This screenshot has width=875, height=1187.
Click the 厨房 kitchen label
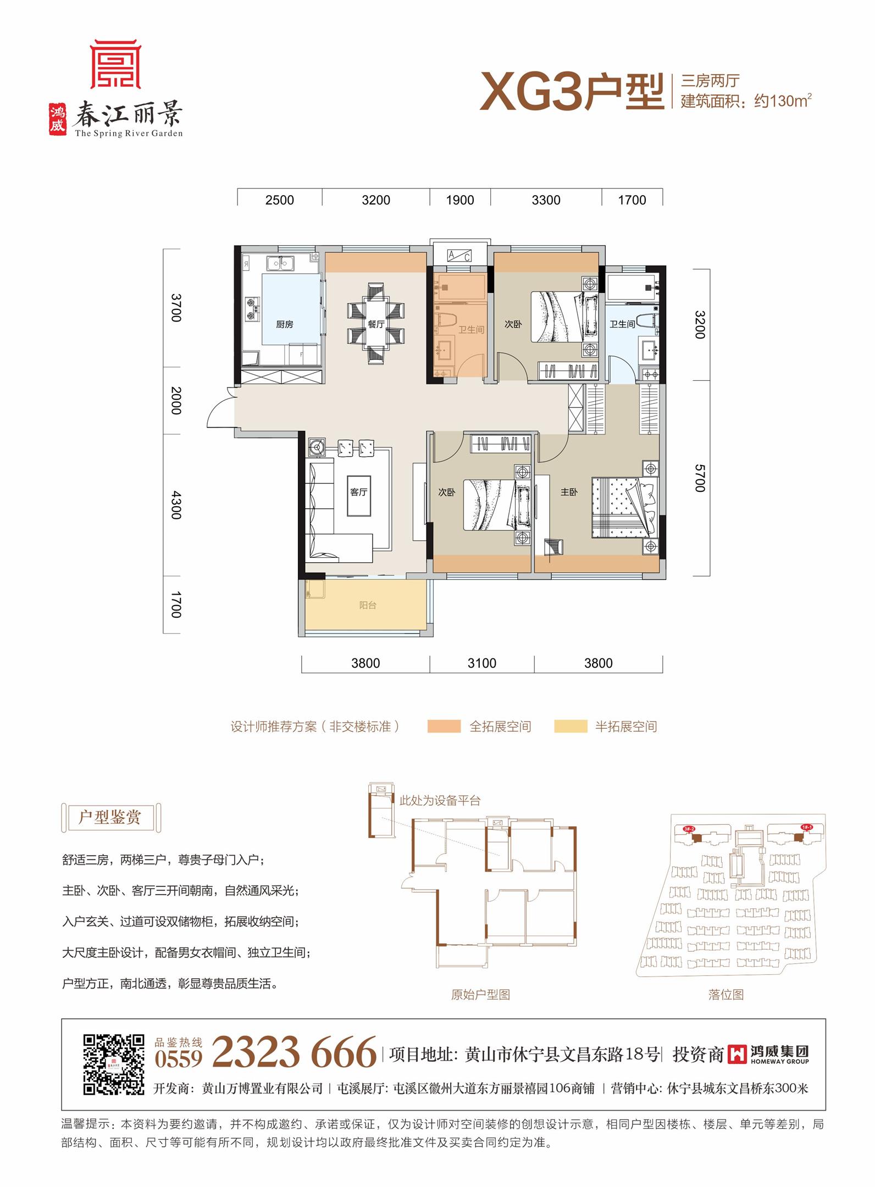pyautogui.click(x=284, y=324)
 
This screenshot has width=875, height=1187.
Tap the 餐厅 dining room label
pyautogui.click(x=376, y=324)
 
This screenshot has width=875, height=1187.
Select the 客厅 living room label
pyautogui.click(x=358, y=492)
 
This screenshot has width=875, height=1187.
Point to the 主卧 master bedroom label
pyautogui.click(x=569, y=492)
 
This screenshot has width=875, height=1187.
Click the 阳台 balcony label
pyautogui.click(x=368, y=605)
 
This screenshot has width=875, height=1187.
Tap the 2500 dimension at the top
pyautogui.click(x=280, y=200)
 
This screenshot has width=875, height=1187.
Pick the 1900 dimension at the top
pyautogui.click(x=460, y=200)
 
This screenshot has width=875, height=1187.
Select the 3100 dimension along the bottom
pyautogui.click(x=482, y=663)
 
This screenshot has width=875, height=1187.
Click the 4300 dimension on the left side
pyautogui.click(x=176, y=504)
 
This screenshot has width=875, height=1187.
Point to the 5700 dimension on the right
pyautogui.click(x=699, y=478)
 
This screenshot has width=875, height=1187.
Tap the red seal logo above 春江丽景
pyautogui.click(x=116, y=64)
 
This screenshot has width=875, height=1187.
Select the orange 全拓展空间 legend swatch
pyautogui.click(x=444, y=726)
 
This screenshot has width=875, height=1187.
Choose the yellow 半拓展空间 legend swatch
pyautogui.click(x=571, y=726)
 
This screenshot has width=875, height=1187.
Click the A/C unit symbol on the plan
pyautogui.click(x=459, y=256)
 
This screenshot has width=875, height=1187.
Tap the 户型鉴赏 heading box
pyautogui.click(x=110, y=817)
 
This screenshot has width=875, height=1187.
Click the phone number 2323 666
pyautogui.click(x=294, y=1052)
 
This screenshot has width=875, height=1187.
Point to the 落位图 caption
pyautogui.click(x=726, y=994)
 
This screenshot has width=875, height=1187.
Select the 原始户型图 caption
pyautogui.click(x=480, y=994)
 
